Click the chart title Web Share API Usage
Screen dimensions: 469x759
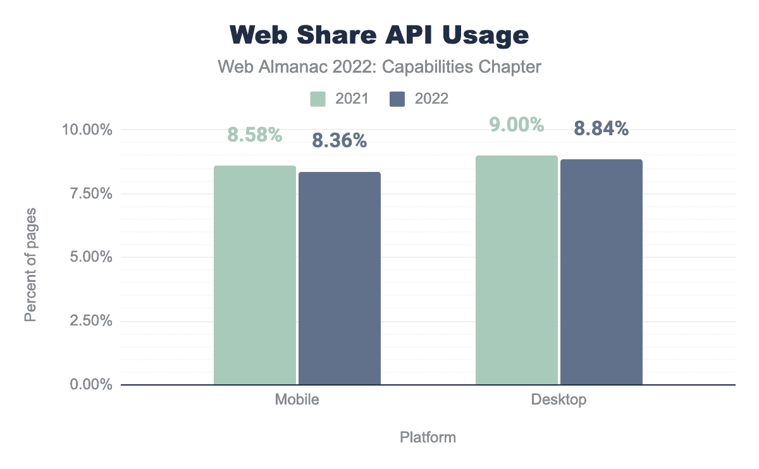(379, 35)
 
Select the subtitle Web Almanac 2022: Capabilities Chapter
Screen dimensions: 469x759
(379, 66)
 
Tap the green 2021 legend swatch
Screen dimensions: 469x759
(318, 99)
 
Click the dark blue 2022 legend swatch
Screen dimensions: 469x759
(397, 99)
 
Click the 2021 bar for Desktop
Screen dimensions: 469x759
(517, 270)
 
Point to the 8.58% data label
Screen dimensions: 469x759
(255, 135)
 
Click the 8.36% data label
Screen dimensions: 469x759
(340, 140)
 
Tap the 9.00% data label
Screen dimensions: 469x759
(517, 125)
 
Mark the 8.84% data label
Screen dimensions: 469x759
(602, 129)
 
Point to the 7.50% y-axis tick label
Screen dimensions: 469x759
(88, 194)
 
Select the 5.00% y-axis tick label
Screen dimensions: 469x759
(88, 257)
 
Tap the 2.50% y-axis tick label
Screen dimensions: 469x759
(88, 321)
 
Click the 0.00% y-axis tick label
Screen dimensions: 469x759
(88, 385)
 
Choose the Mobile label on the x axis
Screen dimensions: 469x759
(297, 400)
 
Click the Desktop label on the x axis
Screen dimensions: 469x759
(559, 400)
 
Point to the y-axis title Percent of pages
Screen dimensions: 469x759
(30, 264)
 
